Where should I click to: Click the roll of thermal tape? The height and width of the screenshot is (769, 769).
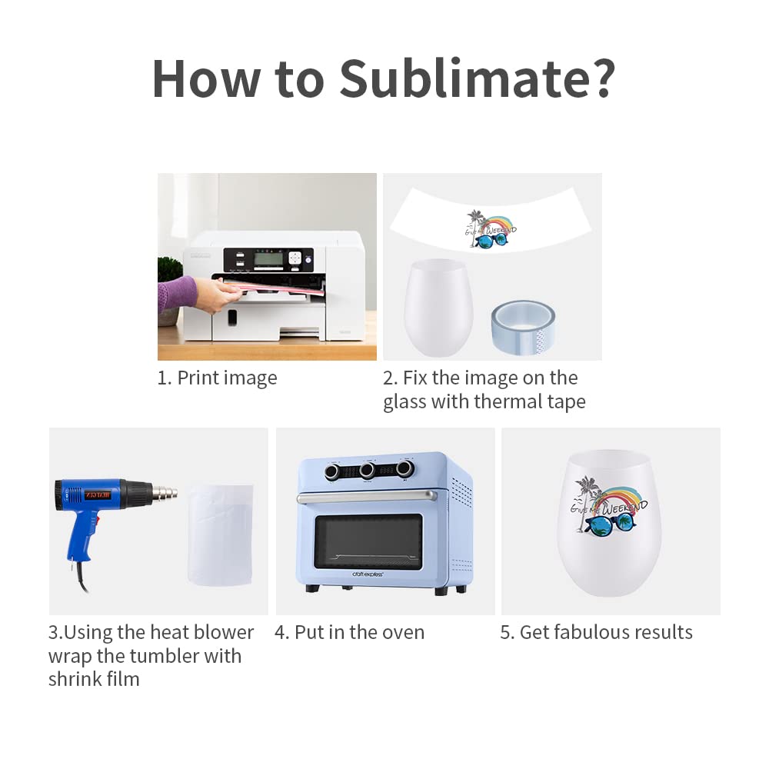[x=523, y=327]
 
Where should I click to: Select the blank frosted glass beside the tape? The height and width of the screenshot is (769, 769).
[x=438, y=307]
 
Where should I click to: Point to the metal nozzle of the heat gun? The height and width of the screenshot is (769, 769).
[x=165, y=492]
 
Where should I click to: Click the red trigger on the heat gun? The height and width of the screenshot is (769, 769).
[x=97, y=518]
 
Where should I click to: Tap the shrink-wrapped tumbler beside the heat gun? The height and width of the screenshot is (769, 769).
[x=220, y=534]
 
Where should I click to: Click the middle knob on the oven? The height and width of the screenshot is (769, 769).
[x=367, y=471]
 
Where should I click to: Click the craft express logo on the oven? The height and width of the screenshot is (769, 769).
[x=368, y=574]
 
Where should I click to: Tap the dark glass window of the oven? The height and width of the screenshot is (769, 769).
[x=368, y=541]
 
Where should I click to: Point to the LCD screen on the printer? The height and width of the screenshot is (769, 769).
[x=268, y=259]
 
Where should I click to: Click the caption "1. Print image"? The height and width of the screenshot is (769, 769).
[x=218, y=378]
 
